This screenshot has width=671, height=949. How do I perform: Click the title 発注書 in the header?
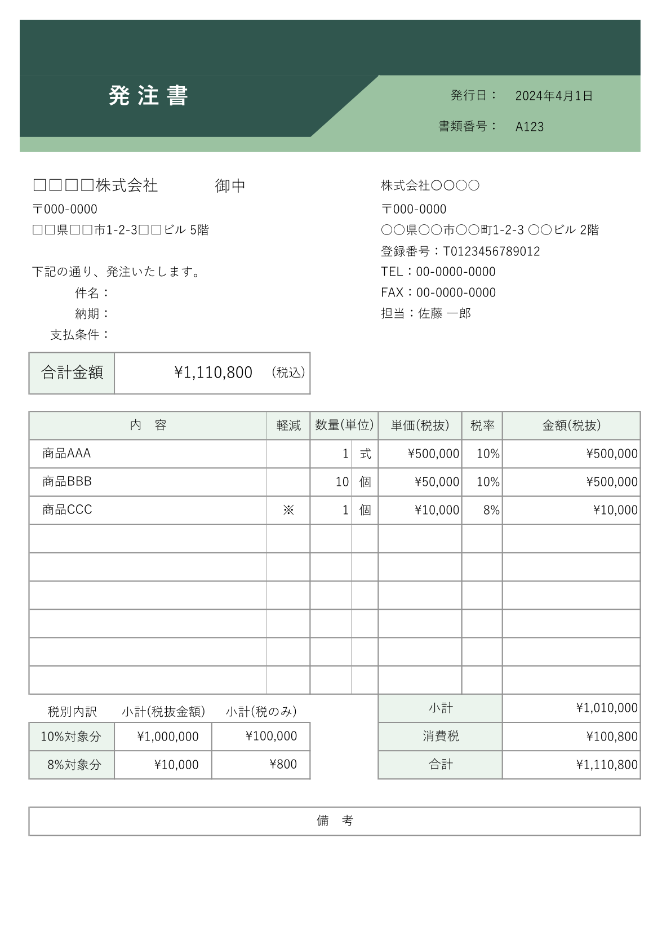click(x=148, y=96)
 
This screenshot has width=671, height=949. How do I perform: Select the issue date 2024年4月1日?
click(x=554, y=96)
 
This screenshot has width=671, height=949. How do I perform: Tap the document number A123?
click(x=530, y=127)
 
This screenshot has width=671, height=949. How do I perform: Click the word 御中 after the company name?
click(x=230, y=186)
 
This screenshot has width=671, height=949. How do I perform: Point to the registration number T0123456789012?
click(x=491, y=251)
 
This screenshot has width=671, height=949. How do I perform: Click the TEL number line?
click(x=438, y=272)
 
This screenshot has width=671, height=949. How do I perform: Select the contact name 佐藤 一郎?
click(x=445, y=313)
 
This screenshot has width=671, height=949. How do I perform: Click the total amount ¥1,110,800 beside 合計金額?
click(x=213, y=372)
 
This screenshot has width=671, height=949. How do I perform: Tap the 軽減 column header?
click(x=288, y=425)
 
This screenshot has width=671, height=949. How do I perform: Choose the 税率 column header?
click(x=482, y=425)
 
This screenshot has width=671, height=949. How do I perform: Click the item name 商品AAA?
click(x=66, y=454)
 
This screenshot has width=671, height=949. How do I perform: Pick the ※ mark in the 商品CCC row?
click(x=288, y=510)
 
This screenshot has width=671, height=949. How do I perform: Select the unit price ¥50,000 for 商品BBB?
click(x=437, y=482)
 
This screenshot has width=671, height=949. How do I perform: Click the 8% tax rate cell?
click(x=491, y=510)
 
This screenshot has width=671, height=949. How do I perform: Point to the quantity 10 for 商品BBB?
click(x=342, y=482)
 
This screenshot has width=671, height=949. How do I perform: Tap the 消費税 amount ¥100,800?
click(x=612, y=737)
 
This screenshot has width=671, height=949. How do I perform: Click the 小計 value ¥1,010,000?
click(x=607, y=708)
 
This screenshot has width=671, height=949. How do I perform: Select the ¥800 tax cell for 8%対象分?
click(x=283, y=765)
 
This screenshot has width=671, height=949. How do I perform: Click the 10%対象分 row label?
click(x=71, y=737)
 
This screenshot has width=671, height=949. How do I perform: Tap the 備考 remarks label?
click(x=335, y=821)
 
